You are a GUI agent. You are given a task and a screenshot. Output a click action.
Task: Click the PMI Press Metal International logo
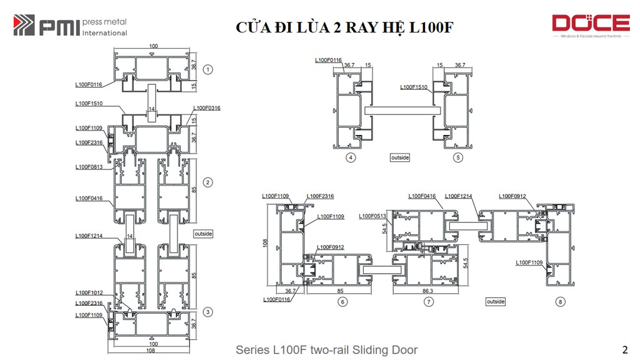click(x=70, y=26)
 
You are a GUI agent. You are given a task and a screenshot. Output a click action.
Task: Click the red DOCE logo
click(x=590, y=24)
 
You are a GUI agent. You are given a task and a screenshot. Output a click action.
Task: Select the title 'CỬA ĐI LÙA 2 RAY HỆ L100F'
click(x=344, y=27)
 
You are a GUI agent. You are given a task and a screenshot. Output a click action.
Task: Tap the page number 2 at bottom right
click(x=625, y=349)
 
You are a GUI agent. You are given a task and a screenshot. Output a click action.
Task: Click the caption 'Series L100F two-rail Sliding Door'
click(x=326, y=350)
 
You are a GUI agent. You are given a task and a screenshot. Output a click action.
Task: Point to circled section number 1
click(x=208, y=69)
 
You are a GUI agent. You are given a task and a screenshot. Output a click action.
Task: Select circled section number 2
click(x=208, y=182)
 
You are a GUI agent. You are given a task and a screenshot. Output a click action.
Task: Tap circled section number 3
click(x=208, y=312)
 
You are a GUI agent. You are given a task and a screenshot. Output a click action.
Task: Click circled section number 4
click(x=351, y=157)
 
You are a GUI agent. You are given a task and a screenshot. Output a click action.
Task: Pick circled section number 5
click(x=458, y=157)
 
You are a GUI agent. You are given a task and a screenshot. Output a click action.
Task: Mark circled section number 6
click(x=342, y=302)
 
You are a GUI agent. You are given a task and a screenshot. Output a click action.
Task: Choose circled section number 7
click(x=428, y=302)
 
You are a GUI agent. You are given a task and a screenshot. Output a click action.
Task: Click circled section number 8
click(x=559, y=302)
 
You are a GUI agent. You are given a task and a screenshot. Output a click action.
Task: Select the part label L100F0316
click(x=206, y=108)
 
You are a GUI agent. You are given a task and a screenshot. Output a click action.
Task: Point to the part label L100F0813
click(x=89, y=167)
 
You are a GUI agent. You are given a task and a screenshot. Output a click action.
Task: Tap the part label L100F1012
click(x=89, y=292)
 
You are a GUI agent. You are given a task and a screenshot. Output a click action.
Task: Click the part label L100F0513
click(x=372, y=216)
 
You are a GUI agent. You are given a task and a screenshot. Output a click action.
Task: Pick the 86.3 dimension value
click(x=429, y=291)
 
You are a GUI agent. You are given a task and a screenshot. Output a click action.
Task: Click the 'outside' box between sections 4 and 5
click(x=399, y=157)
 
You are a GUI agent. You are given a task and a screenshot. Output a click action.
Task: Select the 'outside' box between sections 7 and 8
click(x=496, y=301)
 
